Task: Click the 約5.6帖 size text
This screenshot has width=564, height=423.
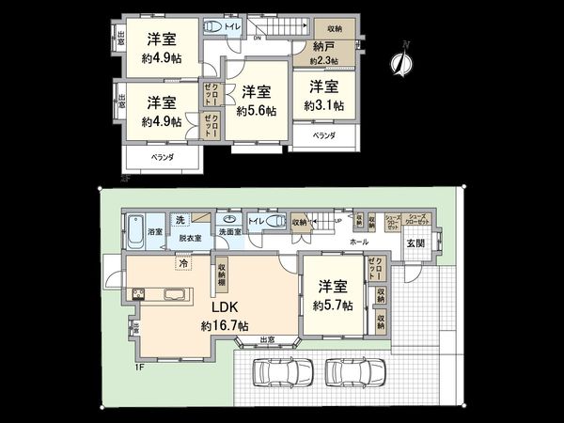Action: point(257,110)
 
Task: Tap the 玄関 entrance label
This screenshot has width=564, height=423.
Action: point(415,243)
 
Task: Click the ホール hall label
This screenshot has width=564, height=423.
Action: point(358,242)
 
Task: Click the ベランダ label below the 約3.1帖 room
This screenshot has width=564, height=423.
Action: point(323,136)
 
